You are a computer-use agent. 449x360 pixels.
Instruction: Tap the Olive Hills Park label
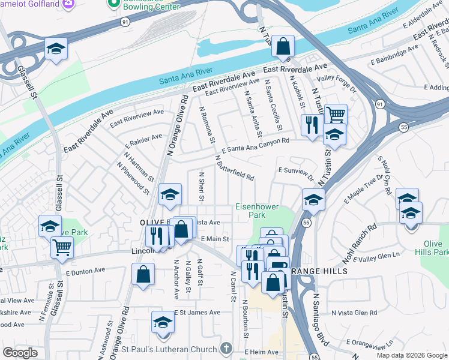coord(436,248)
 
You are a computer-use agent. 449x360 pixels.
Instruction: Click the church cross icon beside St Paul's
coord(226,349)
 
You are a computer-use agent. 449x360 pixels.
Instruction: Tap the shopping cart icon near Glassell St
coord(62,246)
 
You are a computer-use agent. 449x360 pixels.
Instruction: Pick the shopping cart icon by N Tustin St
coord(336,113)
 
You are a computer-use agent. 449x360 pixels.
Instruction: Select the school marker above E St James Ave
coord(161,322)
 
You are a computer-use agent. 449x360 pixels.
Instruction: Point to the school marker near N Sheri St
coord(170,194)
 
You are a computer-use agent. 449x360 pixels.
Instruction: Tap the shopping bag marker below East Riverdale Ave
coord(283,46)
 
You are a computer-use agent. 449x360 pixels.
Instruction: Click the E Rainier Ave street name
coord(143,141)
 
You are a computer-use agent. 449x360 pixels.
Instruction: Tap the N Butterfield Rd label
coord(235,169)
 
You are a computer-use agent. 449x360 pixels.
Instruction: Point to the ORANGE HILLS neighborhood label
coord(319,272)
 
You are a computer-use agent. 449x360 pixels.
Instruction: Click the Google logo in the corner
coord(20,353)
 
